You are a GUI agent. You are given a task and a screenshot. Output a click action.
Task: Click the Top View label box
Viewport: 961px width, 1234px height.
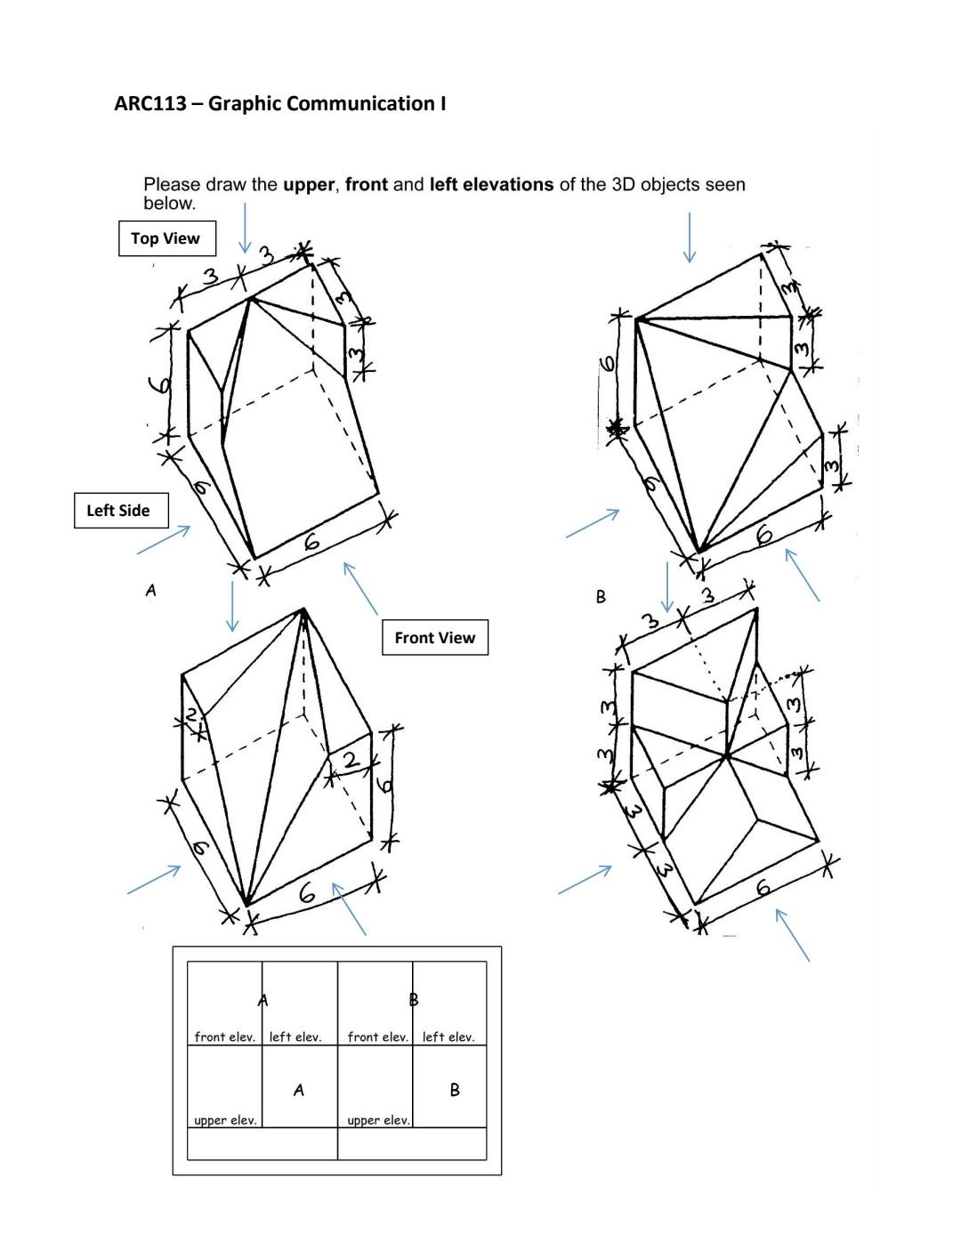pos(166,238)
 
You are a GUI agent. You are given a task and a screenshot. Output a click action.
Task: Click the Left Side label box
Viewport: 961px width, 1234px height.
pos(118,510)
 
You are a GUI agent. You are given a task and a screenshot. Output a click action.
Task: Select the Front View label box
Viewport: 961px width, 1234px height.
pos(434,637)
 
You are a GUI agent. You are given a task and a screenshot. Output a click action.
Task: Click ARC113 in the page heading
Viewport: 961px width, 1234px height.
pos(149,103)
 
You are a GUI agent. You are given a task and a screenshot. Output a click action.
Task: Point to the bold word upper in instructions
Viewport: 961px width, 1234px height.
pos(308,185)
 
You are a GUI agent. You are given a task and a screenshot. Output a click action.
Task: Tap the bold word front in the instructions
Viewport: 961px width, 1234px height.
pos(367,185)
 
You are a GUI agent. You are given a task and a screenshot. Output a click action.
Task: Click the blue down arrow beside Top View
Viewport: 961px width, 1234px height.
pos(245,228)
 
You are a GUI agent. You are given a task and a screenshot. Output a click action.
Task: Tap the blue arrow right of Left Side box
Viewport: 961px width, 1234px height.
pos(164,540)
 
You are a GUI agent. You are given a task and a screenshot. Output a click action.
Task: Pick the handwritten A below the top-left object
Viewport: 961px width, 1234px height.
pos(151,589)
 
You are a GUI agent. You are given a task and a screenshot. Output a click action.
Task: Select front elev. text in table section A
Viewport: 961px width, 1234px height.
pos(224,1036)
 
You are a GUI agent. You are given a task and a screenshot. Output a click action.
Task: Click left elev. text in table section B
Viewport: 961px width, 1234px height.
pos(448,1036)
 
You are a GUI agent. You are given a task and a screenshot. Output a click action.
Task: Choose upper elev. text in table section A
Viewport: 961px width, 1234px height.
pos(225,1120)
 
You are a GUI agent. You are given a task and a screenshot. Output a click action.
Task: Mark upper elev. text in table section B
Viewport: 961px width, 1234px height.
pos(378,1120)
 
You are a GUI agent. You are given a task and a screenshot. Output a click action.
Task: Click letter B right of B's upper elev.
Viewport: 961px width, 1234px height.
pos(455,1090)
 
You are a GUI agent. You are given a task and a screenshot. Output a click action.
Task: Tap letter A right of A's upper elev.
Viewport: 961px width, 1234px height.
pos(299,1090)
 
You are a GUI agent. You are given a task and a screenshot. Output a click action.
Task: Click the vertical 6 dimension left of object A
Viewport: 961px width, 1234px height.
pos(161,384)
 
